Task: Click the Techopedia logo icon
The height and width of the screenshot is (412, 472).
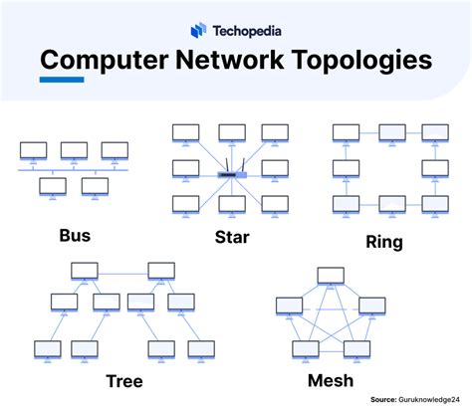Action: (197, 30)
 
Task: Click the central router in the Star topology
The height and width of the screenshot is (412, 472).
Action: (232, 176)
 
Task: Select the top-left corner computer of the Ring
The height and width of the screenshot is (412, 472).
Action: (346, 132)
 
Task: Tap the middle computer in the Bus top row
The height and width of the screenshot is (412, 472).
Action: (74, 150)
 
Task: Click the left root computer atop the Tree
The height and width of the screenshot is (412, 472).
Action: (84, 270)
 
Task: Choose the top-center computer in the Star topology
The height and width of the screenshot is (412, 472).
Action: (231, 132)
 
